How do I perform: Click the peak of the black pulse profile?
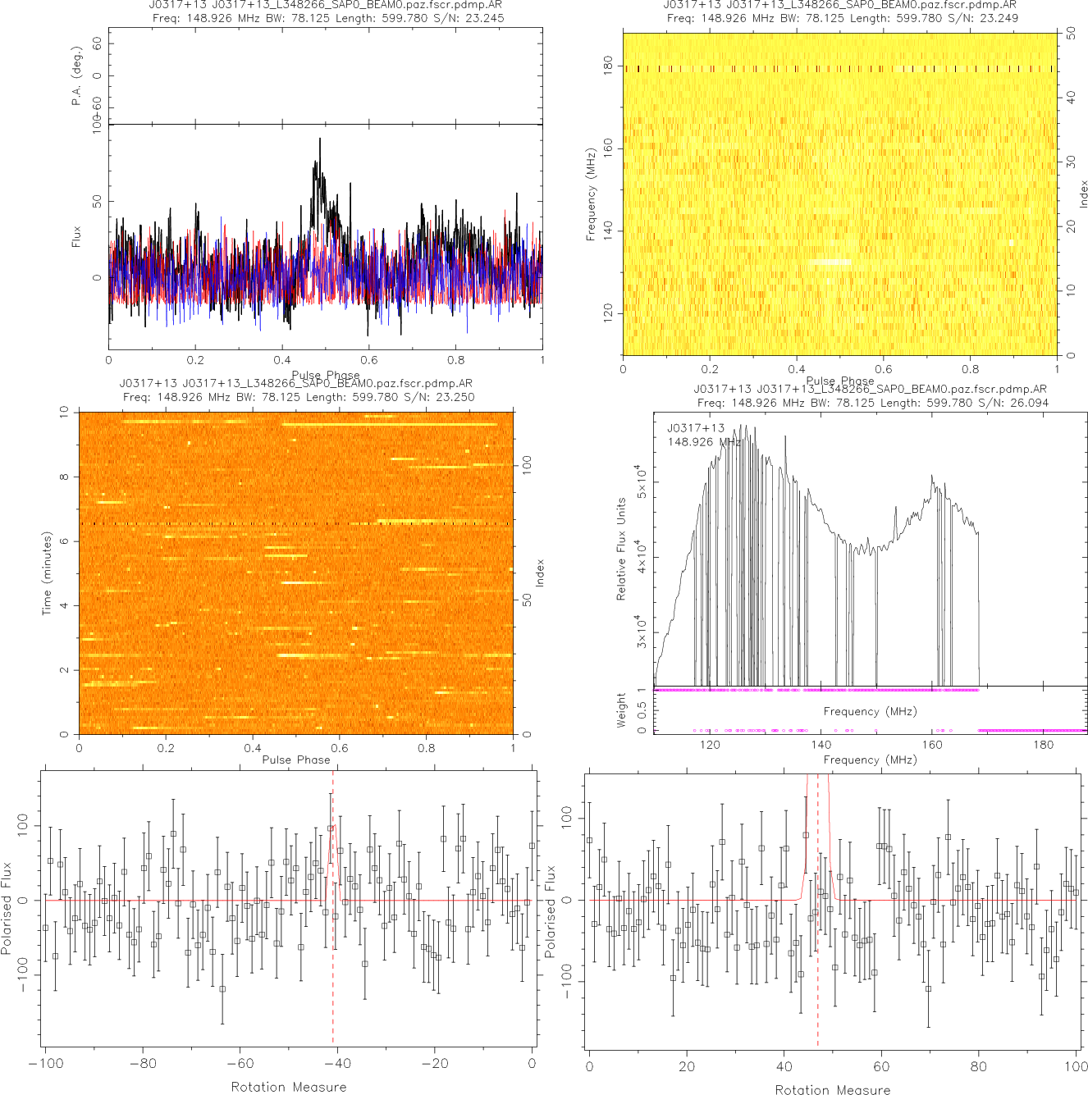tap(319, 139)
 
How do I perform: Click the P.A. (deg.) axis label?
tap(77, 76)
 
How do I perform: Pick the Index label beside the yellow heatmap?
tap(1083, 194)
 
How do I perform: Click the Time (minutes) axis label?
tap(47, 573)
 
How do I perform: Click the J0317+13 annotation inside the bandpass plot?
tap(696, 428)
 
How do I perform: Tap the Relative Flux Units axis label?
tap(621, 549)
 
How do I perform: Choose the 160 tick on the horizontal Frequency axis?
tap(932, 745)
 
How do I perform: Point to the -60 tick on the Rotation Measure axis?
tap(240, 1064)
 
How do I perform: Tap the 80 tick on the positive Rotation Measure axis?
tap(979, 1067)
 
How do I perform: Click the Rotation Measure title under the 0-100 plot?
tap(833, 1089)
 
